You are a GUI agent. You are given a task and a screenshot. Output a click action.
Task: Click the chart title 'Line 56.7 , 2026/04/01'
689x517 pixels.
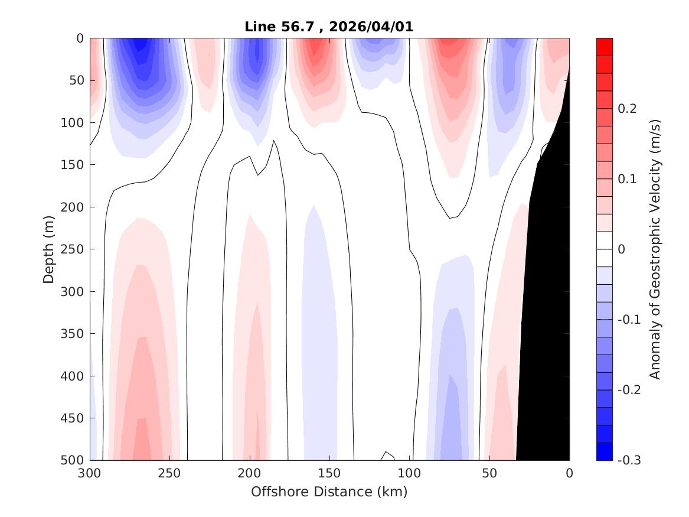pyautogui.click(x=329, y=27)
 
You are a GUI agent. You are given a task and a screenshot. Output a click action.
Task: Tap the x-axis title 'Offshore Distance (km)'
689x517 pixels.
pyautogui.click(x=329, y=492)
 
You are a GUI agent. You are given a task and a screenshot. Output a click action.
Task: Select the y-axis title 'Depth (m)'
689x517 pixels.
pyautogui.click(x=48, y=249)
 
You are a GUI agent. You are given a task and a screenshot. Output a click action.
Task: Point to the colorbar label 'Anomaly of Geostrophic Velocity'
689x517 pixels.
pyautogui.click(x=654, y=249)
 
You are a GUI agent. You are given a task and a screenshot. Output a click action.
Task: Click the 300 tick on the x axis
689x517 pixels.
pyautogui.click(x=90, y=473)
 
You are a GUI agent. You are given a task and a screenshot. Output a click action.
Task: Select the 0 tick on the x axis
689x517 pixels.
pyautogui.click(x=569, y=473)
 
